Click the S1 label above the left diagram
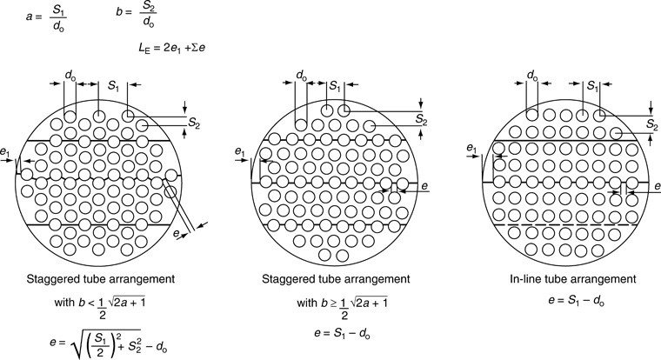coord(113,87)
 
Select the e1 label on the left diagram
coord(8,153)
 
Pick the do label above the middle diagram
coord(302,77)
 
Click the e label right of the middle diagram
coord(424,186)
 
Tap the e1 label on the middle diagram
coord(241,152)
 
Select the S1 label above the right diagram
coord(592,87)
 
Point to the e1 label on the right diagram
coord(474,148)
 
